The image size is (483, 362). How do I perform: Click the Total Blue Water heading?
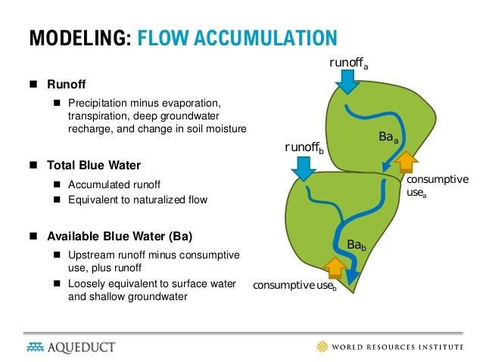pyautogui.click(x=94, y=164)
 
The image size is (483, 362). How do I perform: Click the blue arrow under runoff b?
pyautogui.click(x=304, y=169)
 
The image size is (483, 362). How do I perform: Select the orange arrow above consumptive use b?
pyautogui.click(x=334, y=268)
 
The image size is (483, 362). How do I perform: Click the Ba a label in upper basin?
pyautogui.click(x=388, y=137)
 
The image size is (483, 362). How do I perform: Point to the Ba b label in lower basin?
pyautogui.click(x=357, y=245)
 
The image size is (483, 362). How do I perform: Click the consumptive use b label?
pyautogui.click(x=294, y=286)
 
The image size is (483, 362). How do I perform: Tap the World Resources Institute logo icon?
pyautogui.click(x=323, y=346)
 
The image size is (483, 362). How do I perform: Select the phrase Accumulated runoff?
pyautogui.click(x=114, y=184)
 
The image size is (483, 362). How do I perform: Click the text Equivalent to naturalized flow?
pyautogui.click(x=137, y=200)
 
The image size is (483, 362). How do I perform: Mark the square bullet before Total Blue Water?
pyautogui.click(x=33, y=164)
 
